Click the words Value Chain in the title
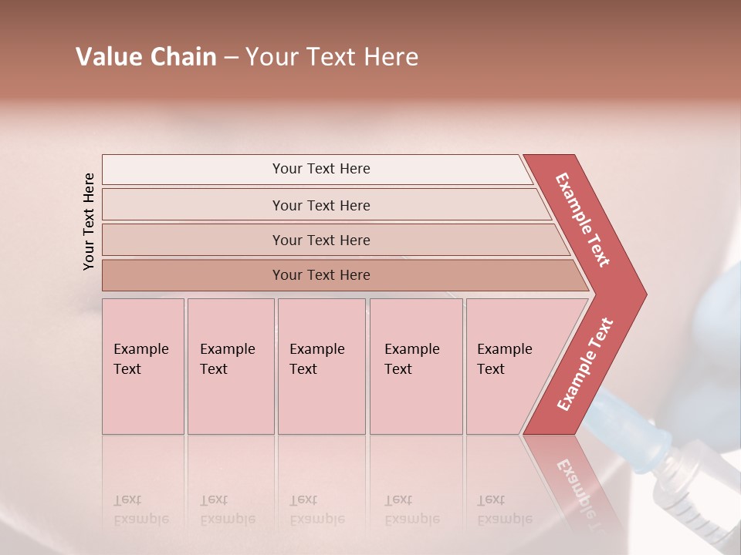point(146,57)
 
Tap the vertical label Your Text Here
point(89,221)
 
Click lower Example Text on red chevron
point(585,365)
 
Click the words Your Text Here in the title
point(332,57)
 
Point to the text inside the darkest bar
point(321,275)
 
